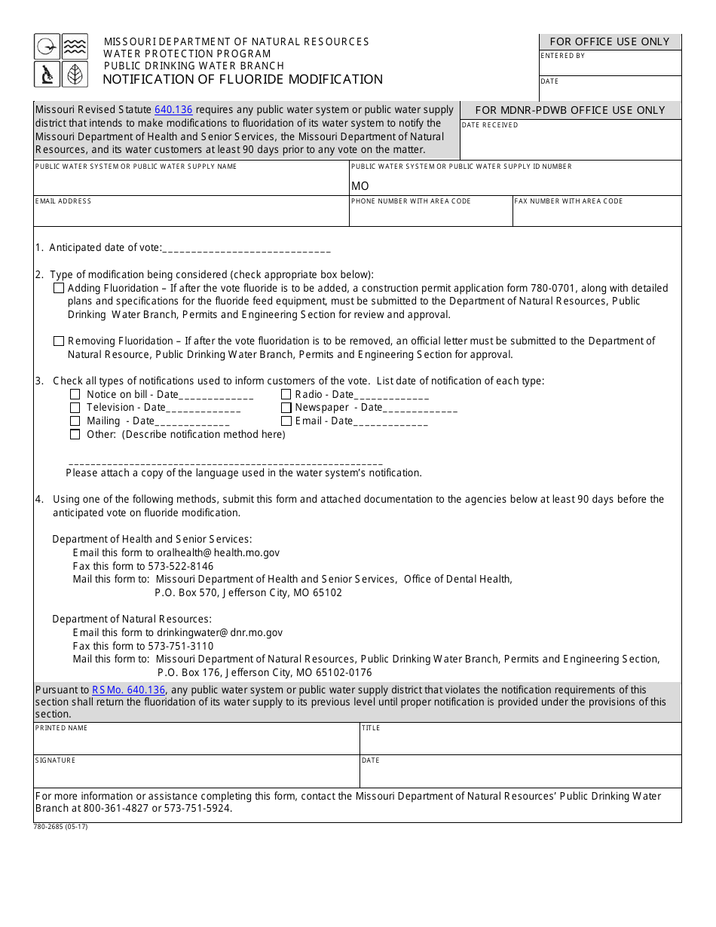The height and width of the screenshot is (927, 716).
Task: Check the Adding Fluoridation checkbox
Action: click(x=59, y=288)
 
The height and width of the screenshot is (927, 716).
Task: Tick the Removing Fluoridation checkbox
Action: click(x=59, y=341)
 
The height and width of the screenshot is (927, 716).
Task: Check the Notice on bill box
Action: click(x=75, y=394)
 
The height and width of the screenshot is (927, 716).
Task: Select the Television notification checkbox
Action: click(x=75, y=408)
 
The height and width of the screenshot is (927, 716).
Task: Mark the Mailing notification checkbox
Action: click(x=75, y=421)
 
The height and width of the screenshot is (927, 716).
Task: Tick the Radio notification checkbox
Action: click(x=286, y=394)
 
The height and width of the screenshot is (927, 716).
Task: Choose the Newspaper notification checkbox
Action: click(x=286, y=408)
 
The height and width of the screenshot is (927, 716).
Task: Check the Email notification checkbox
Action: click(x=286, y=421)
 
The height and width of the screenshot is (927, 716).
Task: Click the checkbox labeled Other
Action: click(x=75, y=434)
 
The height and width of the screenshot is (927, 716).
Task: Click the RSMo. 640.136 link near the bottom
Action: click(x=128, y=690)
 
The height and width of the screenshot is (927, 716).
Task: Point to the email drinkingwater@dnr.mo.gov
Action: click(x=219, y=633)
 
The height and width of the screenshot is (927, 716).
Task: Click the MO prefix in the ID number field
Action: click(x=360, y=186)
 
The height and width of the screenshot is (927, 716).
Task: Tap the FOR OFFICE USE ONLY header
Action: click(x=610, y=42)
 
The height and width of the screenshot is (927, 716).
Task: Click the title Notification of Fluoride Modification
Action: click(x=243, y=79)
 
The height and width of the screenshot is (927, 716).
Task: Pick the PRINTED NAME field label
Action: click(x=61, y=728)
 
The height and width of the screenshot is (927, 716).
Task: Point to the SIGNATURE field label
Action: click(x=55, y=760)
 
